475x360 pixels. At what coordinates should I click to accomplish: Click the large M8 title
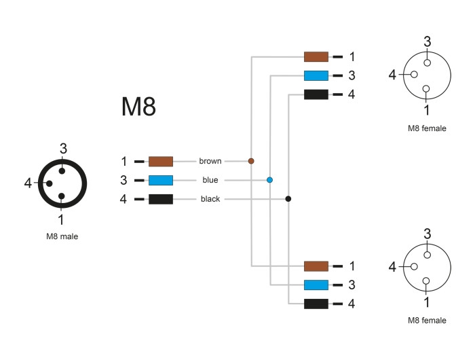click(x=138, y=107)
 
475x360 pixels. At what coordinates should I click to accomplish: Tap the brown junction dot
click(x=251, y=161)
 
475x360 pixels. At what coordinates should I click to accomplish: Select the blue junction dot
click(x=269, y=180)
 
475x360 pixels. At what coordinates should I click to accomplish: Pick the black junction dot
click(x=288, y=199)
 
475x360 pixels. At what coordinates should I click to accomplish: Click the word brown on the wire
click(x=210, y=161)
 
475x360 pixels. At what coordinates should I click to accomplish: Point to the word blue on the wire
click(x=210, y=180)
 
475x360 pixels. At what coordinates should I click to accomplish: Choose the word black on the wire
click(x=210, y=199)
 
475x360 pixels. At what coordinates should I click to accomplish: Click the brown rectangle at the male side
click(x=161, y=162)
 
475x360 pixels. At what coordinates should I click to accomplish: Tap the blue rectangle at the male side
click(x=161, y=180)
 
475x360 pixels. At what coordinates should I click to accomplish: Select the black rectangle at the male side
click(x=161, y=199)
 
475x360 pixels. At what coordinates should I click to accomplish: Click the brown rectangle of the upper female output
click(x=316, y=56)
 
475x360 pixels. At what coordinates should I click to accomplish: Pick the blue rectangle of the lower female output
click(x=316, y=285)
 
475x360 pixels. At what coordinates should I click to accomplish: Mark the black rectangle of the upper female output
click(x=316, y=94)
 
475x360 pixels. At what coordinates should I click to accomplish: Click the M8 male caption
click(x=62, y=236)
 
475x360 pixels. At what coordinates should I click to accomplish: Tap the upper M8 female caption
click(x=427, y=128)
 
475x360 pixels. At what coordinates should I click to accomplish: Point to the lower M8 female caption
click(x=427, y=321)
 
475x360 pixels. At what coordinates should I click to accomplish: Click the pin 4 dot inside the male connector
click(x=49, y=183)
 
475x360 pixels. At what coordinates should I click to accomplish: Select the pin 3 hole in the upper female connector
click(x=427, y=62)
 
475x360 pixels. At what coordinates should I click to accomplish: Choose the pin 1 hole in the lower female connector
click(x=426, y=281)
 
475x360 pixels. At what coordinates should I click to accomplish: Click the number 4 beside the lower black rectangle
click(x=351, y=304)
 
